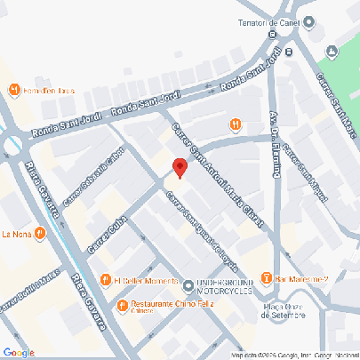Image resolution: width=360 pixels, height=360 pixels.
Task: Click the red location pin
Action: (x=180, y=166)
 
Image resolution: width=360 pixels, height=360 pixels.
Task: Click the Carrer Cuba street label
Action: (x=104, y=230)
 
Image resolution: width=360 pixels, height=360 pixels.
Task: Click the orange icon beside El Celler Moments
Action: (x=106, y=281)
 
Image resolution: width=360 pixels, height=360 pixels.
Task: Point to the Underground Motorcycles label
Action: (x=224, y=284)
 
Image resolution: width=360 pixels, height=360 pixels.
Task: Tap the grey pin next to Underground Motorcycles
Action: (x=188, y=285)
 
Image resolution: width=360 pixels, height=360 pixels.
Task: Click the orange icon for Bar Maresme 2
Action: (x=267, y=281)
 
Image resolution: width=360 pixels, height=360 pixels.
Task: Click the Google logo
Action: (x=18, y=352)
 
